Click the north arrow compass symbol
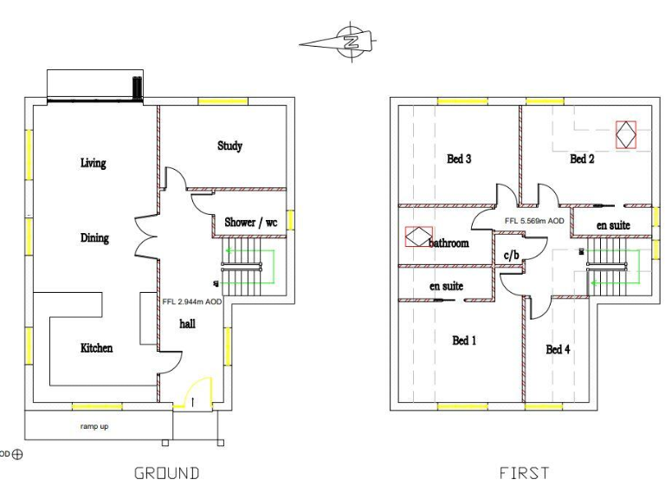click(350, 42)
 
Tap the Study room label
click(229, 146)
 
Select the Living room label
click(93, 163)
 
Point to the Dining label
click(94, 237)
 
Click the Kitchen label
click(96, 347)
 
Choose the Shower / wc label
click(251, 223)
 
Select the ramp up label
click(94, 426)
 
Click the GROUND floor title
click(166, 473)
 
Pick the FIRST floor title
click(524, 473)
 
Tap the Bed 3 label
click(459, 159)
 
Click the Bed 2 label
click(582, 159)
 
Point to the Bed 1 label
click(465, 340)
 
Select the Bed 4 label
click(558, 349)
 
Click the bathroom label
click(449, 243)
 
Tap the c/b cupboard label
click(511, 255)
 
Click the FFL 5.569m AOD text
click(534, 221)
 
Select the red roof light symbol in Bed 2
click(625, 134)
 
